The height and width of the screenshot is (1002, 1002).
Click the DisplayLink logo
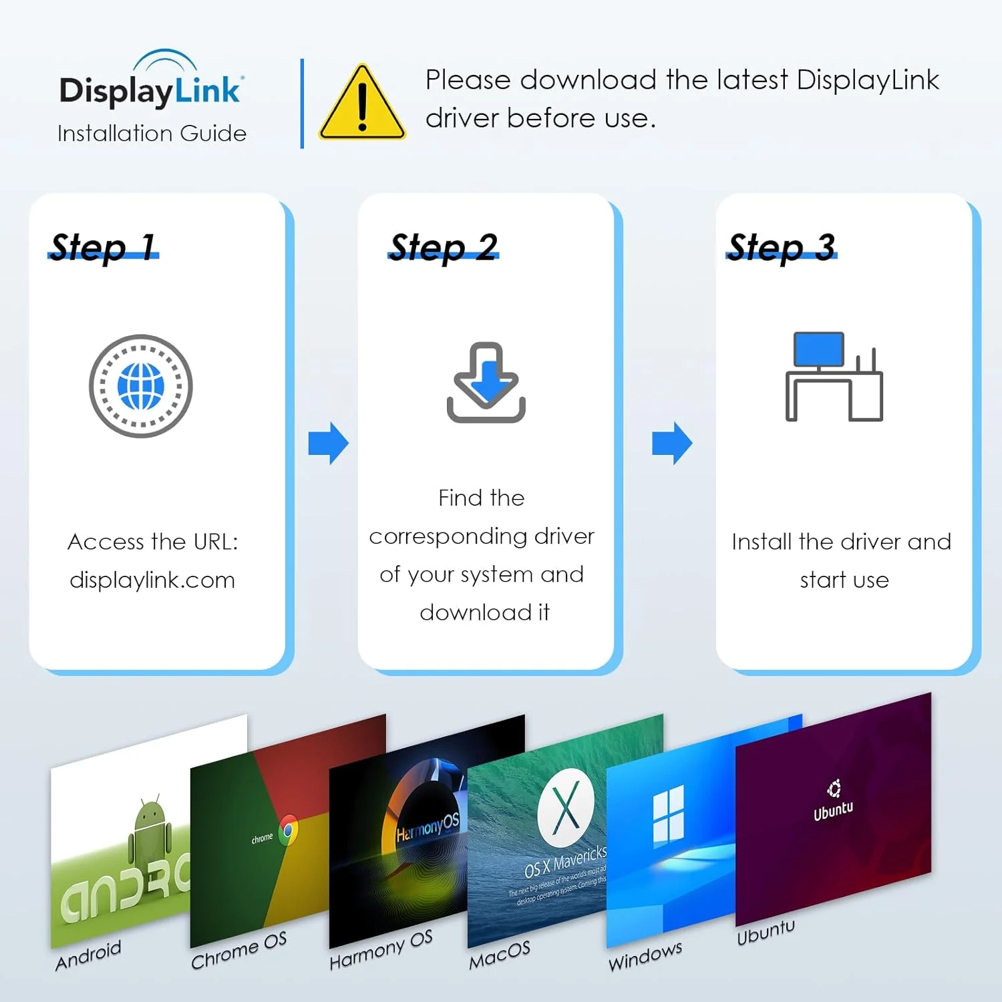point(152,83)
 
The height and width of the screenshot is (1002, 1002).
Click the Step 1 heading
point(104,246)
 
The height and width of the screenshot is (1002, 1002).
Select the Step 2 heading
point(444,246)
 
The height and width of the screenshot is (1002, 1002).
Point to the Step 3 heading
point(782,246)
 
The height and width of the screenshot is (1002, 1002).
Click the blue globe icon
point(141,386)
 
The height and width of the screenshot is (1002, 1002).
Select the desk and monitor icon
point(834,377)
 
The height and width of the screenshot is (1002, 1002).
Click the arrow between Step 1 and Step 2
point(329,443)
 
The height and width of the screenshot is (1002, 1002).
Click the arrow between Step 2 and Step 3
point(672,443)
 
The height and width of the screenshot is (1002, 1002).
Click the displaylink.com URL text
point(152,580)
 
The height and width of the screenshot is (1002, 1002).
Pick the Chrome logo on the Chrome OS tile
point(289,830)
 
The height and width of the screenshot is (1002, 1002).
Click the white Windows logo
point(668,814)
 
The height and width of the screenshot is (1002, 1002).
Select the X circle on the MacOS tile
point(566,807)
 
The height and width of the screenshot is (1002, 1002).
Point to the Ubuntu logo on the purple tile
point(834,790)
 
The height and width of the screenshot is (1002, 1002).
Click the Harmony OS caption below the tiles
point(381,949)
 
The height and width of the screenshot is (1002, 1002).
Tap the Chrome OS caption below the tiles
point(238,951)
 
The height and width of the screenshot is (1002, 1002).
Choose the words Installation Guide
point(152,134)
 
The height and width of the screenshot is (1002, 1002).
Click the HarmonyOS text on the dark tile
point(428,827)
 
